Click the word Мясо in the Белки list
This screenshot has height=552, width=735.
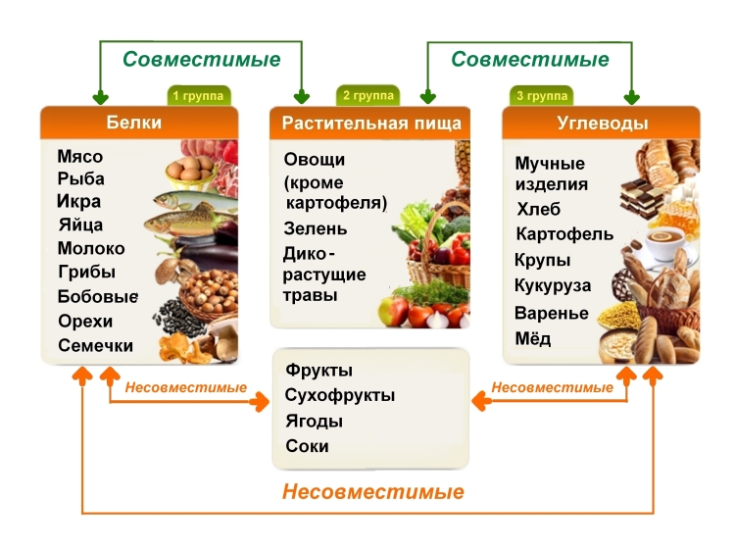click(x=80, y=157)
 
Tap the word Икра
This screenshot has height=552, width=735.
click(x=79, y=202)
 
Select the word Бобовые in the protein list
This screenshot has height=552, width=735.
click(x=98, y=296)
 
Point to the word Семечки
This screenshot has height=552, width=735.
click(x=95, y=345)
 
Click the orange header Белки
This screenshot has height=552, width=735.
click(x=133, y=123)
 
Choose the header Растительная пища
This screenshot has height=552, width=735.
click(x=370, y=123)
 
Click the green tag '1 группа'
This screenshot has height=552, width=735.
click(x=200, y=96)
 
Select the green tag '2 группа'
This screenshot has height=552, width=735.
click(x=367, y=96)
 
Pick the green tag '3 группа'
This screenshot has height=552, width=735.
click(x=541, y=96)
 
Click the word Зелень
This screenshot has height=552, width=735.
click(x=316, y=228)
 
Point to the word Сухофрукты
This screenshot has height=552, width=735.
click(x=340, y=396)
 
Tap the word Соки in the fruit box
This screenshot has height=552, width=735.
click(x=307, y=446)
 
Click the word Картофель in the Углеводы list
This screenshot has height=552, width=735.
click(x=564, y=234)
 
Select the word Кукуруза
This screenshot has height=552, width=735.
click(x=553, y=285)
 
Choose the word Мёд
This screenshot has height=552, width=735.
click(x=533, y=339)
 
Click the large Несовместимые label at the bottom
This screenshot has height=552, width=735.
click(x=373, y=491)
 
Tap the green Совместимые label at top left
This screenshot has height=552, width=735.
click(x=202, y=59)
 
